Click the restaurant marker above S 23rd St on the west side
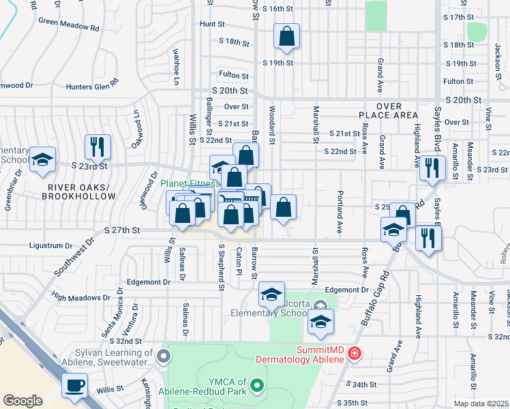[97, 147]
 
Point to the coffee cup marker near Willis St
[74, 386]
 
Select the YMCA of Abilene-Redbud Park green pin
[257, 387]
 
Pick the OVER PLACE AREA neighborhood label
[389, 110]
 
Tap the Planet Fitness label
[190, 183]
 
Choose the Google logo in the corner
[22, 400]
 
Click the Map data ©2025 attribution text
[481, 404]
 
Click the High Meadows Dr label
[80, 298]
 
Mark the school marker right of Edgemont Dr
[271, 295]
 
